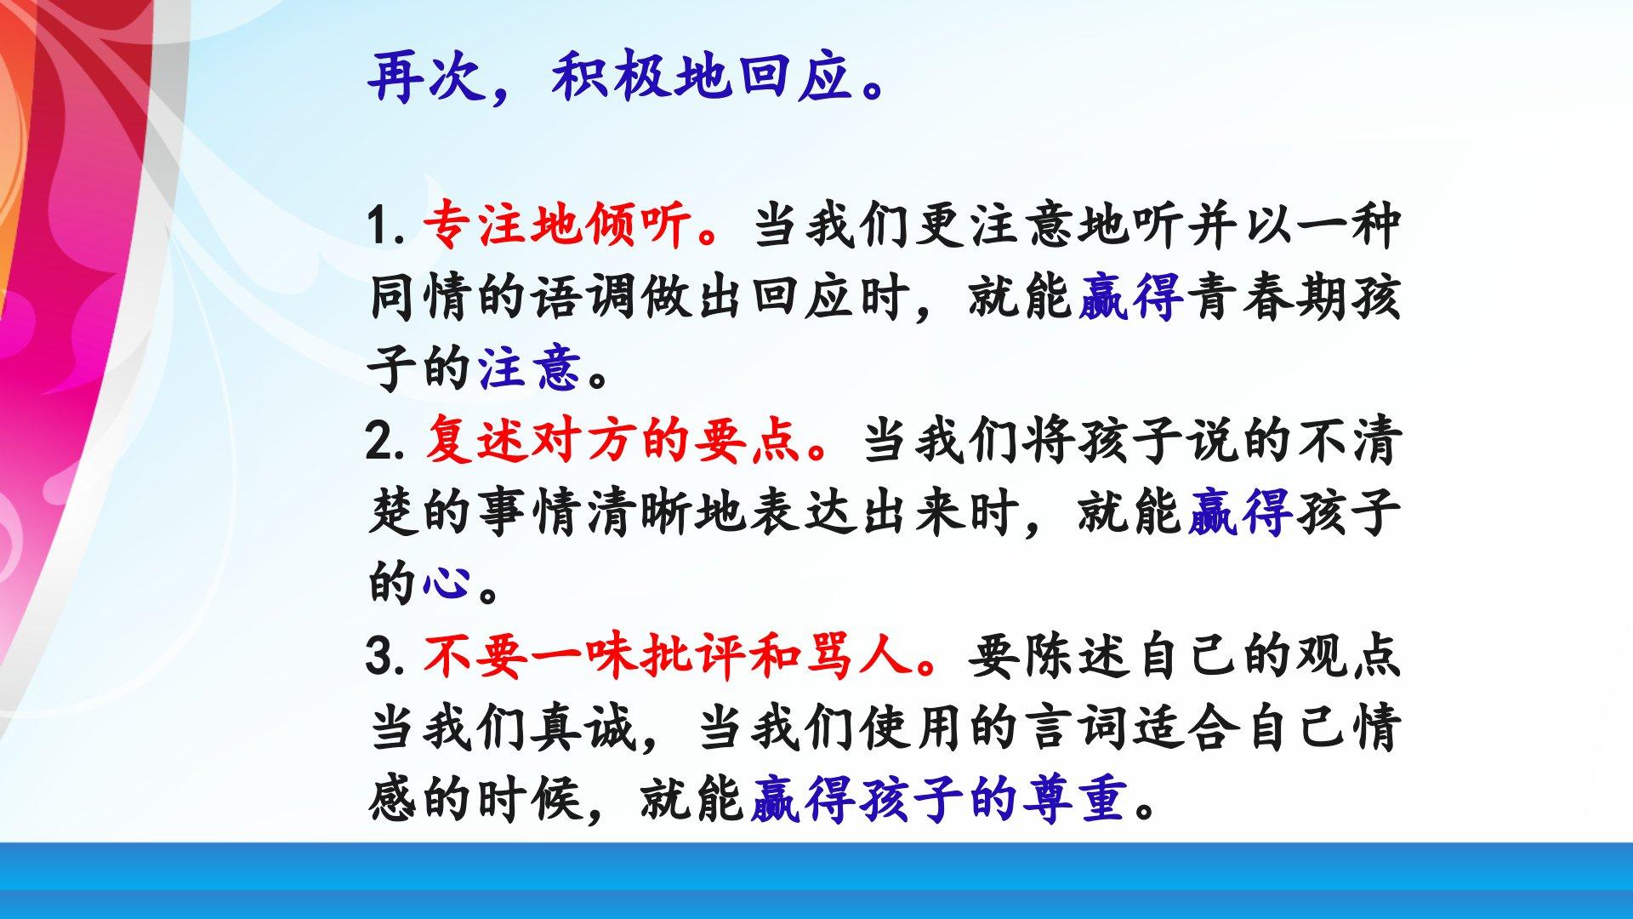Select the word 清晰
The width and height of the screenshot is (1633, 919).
pos(639,512)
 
